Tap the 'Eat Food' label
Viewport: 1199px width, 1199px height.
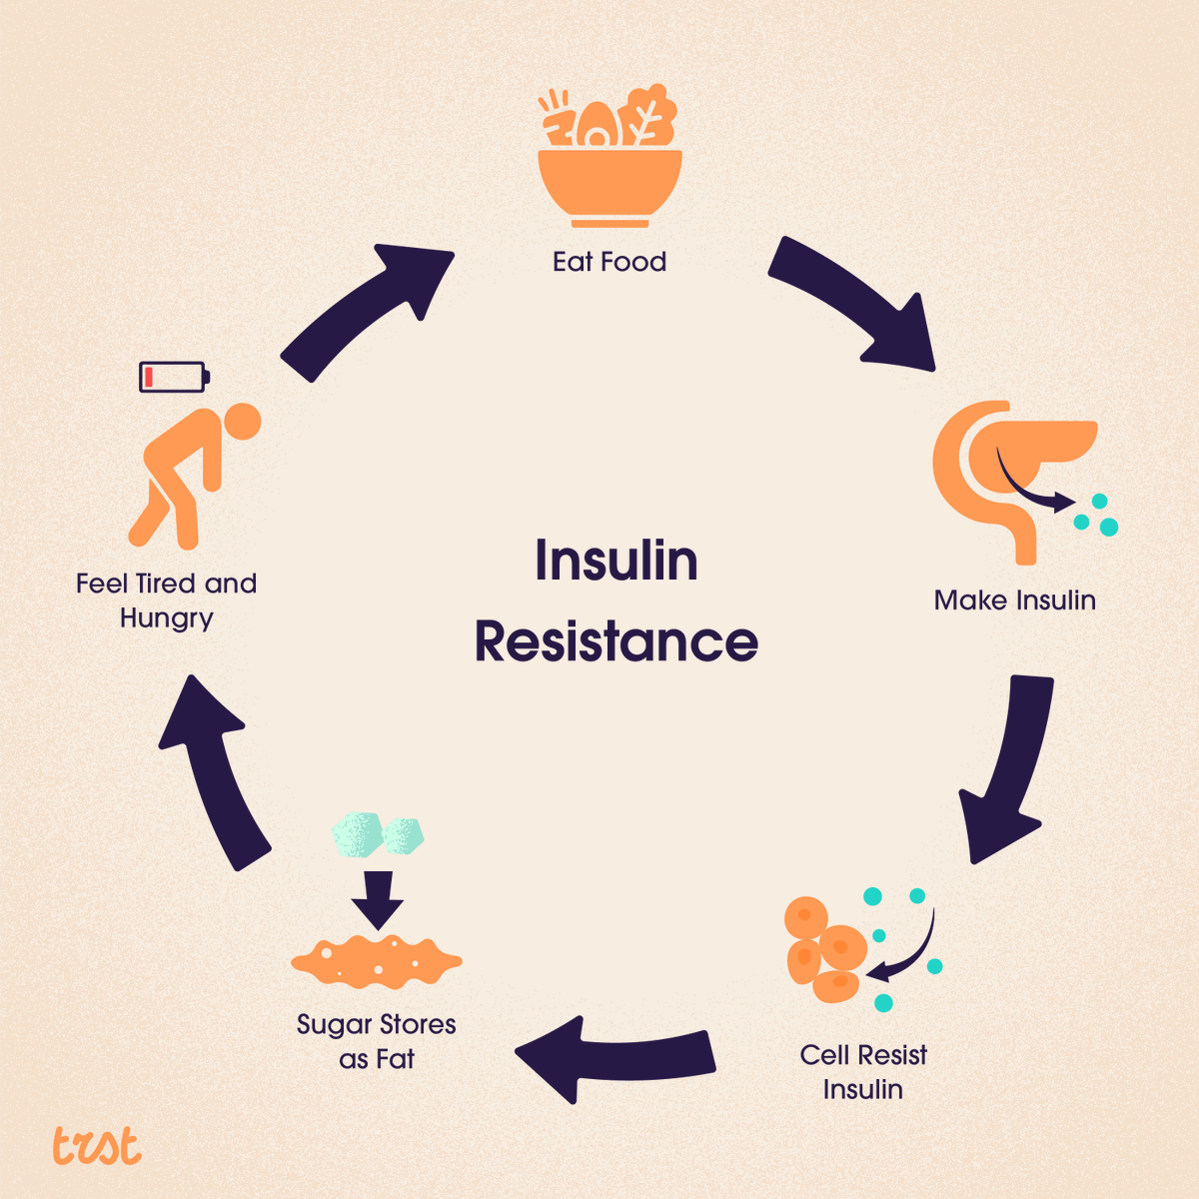point(609,262)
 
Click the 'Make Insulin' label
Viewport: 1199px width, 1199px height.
point(1014,599)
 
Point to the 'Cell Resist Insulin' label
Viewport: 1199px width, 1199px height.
point(863,1071)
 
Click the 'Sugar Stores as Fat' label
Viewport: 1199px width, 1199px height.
point(377,1041)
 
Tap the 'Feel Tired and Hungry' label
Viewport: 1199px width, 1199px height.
point(167,599)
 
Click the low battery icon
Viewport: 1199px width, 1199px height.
point(174,377)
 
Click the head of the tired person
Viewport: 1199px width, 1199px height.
point(241,422)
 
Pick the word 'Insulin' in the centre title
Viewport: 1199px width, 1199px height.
point(616,560)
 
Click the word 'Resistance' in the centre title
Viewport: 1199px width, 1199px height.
point(616,641)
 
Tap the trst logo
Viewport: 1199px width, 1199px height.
point(97,1147)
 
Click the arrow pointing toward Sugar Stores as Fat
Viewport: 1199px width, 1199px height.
point(614,1059)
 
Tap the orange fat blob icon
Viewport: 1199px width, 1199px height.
point(377,961)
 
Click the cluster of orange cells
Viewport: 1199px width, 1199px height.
point(824,949)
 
